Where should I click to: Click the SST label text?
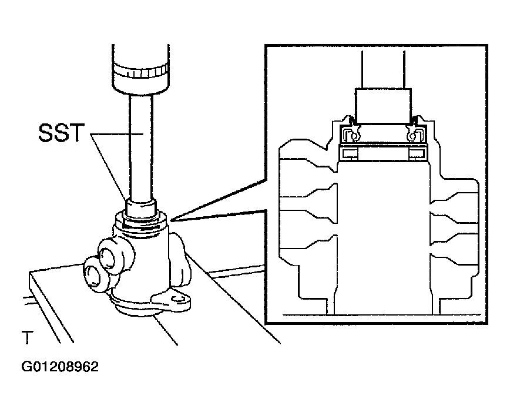[x=61, y=133]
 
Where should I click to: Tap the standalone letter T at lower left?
[x=28, y=337]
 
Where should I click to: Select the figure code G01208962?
[x=60, y=367]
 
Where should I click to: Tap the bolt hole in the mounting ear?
[x=177, y=299]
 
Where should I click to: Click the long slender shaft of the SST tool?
[x=140, y=147]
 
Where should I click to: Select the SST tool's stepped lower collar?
[x=141, y=208]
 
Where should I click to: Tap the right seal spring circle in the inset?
[x=411, y=136]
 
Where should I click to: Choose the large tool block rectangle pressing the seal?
[x=383, y=106]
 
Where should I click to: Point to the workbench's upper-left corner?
[x=29, y=271]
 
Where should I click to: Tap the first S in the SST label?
[x=46, y=133]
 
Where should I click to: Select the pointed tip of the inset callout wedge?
[x=170, y=220]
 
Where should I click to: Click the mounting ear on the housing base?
[x=172, y=300]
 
